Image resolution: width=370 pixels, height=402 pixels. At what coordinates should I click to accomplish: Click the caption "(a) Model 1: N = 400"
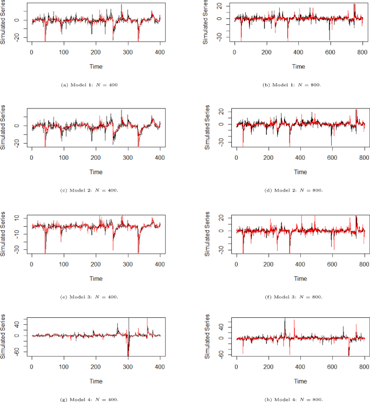pos(90,84)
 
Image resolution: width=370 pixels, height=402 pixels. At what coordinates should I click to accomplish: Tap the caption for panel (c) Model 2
pos(90,190)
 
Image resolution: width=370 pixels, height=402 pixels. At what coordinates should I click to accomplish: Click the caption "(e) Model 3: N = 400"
pos(90,297)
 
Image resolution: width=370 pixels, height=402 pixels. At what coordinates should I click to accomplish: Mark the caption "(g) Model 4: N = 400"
pos(90,399)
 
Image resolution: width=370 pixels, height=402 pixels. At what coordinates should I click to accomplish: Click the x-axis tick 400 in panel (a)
pos(159,52)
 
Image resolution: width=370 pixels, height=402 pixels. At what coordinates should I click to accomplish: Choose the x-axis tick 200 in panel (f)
pos(268,264)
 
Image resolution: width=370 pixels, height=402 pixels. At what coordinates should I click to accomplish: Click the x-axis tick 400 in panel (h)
pos(300,367)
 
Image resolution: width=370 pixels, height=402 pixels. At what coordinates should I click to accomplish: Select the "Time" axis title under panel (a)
pos(96,66)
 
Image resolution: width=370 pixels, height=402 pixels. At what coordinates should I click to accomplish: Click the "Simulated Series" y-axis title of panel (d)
pos(208,128)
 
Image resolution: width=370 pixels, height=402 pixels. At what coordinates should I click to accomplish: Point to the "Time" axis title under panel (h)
pos(300,381)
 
